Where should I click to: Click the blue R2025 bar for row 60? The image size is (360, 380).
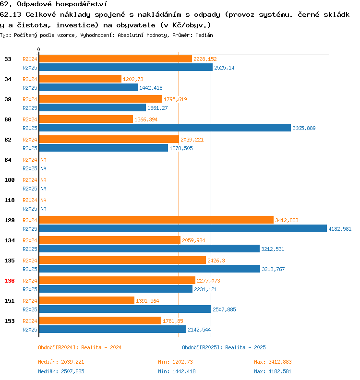[x=165, y=128]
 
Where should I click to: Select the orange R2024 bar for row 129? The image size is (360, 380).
[x=156, y=220]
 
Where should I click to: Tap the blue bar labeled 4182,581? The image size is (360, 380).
[x=182, y=228]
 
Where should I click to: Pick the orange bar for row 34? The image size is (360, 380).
[x=80, y=79]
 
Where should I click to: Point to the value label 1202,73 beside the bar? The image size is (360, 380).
[x=133, y=79]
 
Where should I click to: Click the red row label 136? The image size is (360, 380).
[x=9, y=281]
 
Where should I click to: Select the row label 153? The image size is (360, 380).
[x=9, y=321]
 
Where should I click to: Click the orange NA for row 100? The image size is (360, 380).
[x=43, y=180]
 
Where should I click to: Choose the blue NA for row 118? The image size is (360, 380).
[x=43, y=209]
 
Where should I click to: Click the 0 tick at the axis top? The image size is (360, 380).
[x=39, y=50]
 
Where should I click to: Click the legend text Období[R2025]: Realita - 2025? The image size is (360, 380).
[x=224, y=347]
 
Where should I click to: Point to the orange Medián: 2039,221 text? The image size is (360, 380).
[x=61, y=362]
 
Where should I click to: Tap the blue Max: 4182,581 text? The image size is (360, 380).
[x=272, y=371]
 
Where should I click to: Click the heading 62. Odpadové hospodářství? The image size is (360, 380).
[x=53, y=4]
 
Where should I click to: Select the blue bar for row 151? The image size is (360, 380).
[x=125, y=309]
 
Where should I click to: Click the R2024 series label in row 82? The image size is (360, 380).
[x=30, y=140]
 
